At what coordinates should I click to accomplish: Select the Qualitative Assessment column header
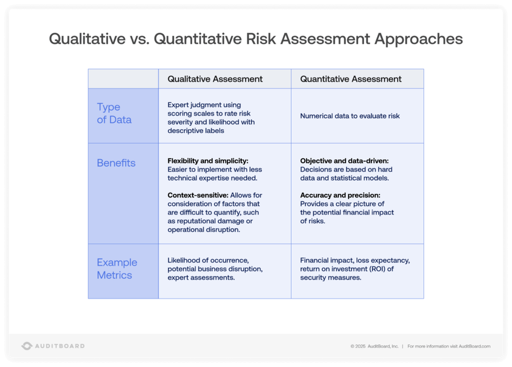(x=215, y=79)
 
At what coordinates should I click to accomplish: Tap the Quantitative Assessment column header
(x=351, y=79)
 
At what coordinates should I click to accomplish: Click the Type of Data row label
(x=114, y=113)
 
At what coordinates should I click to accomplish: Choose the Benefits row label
(x=116, y=163)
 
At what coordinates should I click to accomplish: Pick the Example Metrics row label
(x=117, y=269)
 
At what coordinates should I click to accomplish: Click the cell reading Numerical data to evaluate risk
(x=350, y=116)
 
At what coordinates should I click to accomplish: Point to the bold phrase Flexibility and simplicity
(x=208, y=161)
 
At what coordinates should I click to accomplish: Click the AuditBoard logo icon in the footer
(x=27, y=346)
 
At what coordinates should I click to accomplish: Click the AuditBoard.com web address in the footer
(x=474, y=346)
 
